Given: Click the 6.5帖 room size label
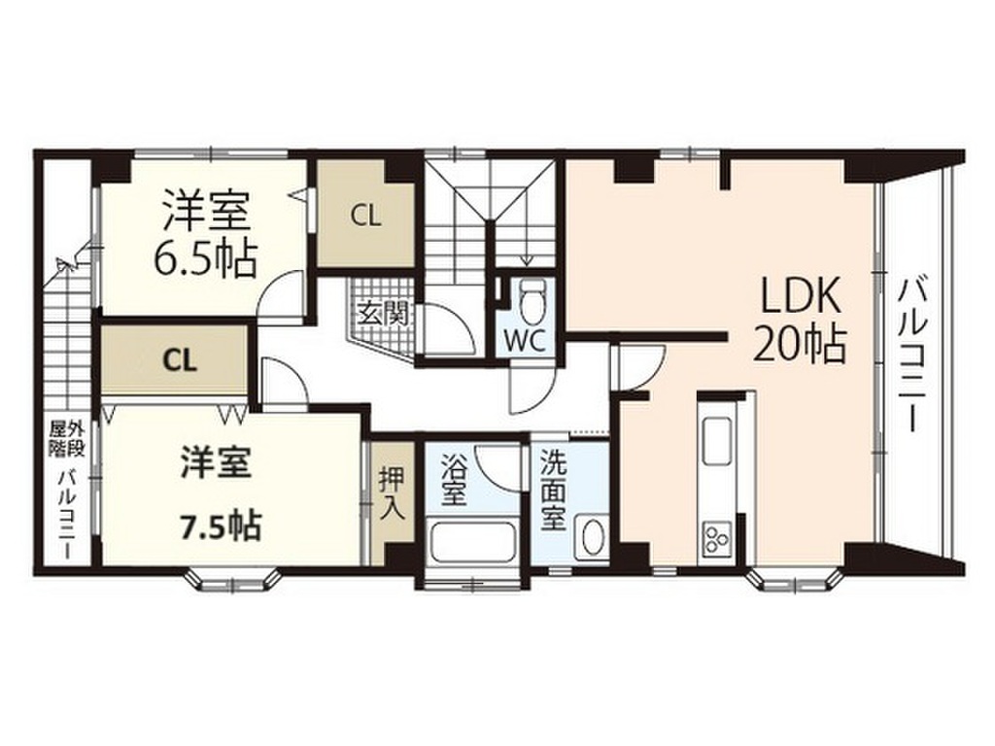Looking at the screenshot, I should [205, 258].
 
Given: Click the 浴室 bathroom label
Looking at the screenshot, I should [452, 480].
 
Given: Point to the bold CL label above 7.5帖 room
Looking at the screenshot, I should [179, 360].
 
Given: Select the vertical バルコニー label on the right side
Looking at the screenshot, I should [911, 355].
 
